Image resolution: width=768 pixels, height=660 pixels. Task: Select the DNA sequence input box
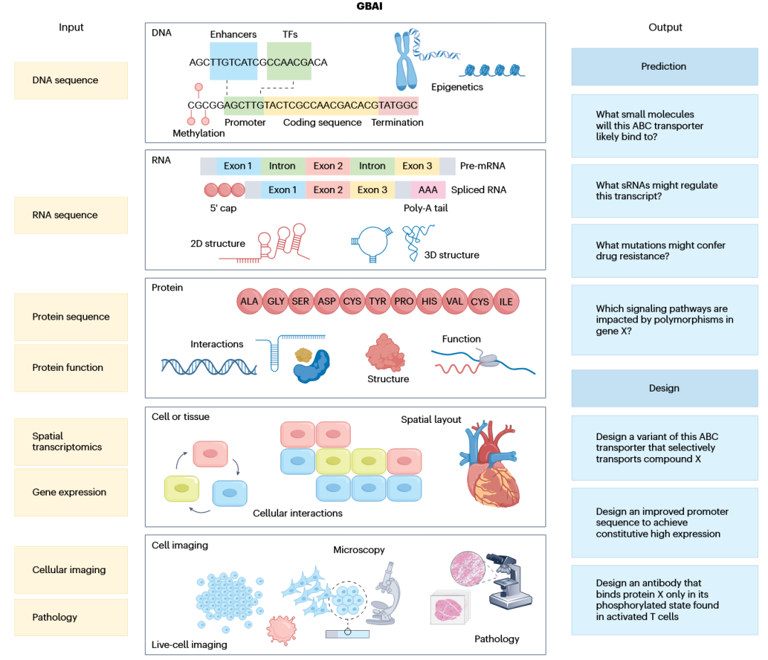pos(71,80)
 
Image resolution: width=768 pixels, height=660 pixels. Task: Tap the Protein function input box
pos(71,367)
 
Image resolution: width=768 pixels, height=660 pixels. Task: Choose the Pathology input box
pos(71,617)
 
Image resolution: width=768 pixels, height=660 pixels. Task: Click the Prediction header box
pos(664,66)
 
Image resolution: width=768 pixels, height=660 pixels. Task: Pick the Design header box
pos(664,388)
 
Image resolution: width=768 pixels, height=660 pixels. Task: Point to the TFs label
pos(289,34)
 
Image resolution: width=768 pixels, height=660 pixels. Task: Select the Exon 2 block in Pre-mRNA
pos(328,166)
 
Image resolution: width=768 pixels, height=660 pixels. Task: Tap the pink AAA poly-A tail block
pos(428,190)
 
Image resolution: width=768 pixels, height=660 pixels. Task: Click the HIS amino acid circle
pos(429,301)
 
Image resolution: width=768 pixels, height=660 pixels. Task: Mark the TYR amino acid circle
pos(378,301)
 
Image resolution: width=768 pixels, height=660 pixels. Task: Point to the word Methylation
pos(198,133)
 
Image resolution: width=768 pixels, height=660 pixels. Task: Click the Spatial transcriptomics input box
pos(71,441)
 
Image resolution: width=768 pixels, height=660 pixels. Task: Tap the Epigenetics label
pos(457,87)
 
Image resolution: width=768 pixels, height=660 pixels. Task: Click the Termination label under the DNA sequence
pos(397,122)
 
